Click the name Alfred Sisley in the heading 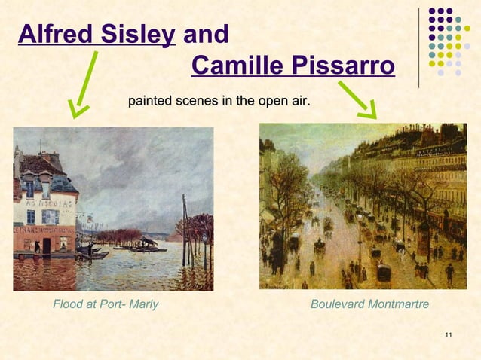coord(97,35)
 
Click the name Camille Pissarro coord(293,66)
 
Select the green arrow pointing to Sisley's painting coord(84,85)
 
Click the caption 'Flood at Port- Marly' coord(105,304)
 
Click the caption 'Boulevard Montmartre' coord(369,304)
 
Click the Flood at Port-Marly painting coord(113,209)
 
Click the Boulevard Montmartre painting coord(363,206)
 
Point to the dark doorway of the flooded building coord(47,245)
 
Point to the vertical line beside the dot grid coord(419,47)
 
